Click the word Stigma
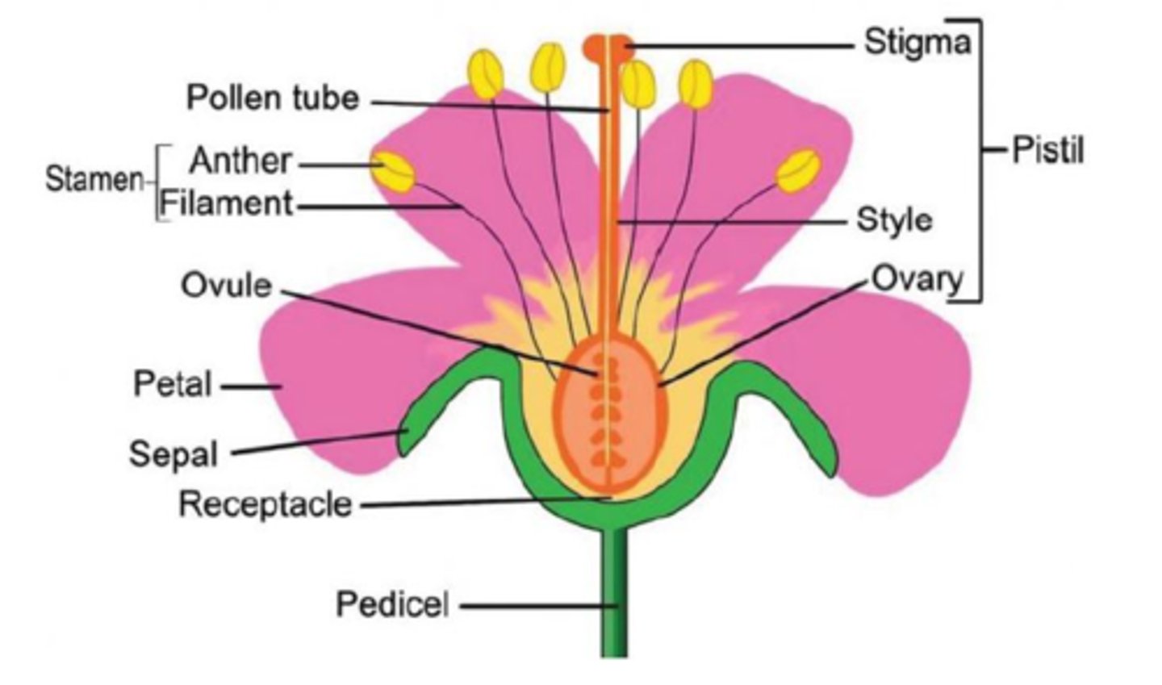[917, 41]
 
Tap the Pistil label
[1047, 150]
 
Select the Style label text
[894, 219]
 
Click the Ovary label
[917, 278]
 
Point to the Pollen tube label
[273, 98]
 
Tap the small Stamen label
[94, 179]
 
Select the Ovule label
[226, 285]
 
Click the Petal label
[173, 383]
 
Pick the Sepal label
[173, 453]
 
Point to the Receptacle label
[265, 504]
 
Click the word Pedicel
[392, 604]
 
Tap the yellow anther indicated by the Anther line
[394, 170]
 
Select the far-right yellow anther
[799, 170]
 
